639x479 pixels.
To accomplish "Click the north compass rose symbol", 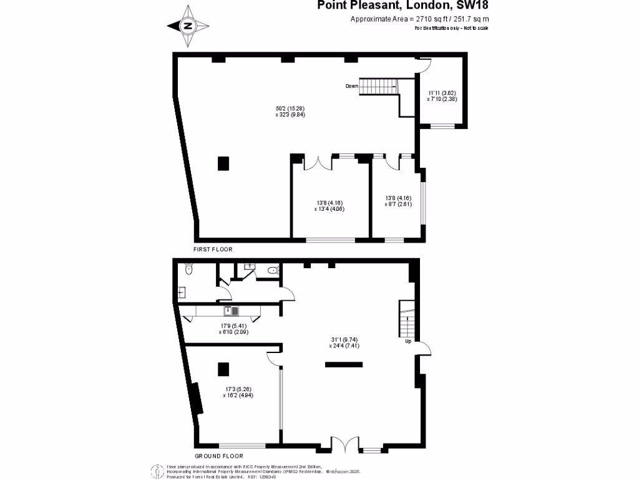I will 188,26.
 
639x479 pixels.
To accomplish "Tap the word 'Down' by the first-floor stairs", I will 352,86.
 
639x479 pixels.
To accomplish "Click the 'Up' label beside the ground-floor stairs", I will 407,342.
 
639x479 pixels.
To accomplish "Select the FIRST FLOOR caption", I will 213,249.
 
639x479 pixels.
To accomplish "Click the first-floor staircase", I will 378,87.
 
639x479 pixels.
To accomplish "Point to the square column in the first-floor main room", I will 223,163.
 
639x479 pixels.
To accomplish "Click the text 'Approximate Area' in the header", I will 378,19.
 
